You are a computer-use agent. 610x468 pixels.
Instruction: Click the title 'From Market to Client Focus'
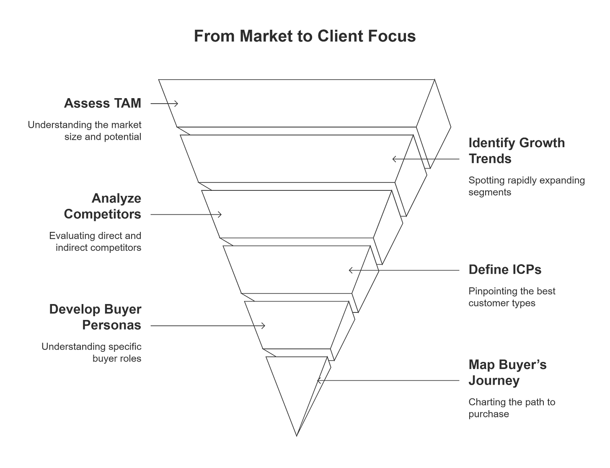tap(305, 36)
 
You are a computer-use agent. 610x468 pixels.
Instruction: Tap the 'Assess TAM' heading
tap(103, 103)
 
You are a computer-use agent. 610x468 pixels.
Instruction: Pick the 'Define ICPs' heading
tap(504, 270)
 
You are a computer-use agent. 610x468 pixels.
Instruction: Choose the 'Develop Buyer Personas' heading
tap(96, 317)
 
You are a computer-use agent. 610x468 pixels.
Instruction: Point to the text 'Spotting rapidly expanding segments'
tap(526, 187)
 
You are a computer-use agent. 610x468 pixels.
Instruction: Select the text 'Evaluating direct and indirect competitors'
tap(96, 241)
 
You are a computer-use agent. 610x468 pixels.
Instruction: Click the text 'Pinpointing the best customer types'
tap(512, 297)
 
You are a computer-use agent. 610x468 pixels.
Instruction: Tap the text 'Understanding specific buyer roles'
tap(92, 353)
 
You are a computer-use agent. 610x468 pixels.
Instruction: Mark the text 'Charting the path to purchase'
tap(512, 408)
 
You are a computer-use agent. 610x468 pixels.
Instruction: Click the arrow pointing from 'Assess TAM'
tap(164, 103)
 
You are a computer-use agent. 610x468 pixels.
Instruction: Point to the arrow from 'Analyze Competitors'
tap(186, 215)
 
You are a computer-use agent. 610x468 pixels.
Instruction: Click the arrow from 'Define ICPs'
tap(404, 270)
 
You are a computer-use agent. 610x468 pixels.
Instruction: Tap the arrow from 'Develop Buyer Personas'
tap(207, 326)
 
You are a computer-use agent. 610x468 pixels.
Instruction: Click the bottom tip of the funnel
tap(297, 435)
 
